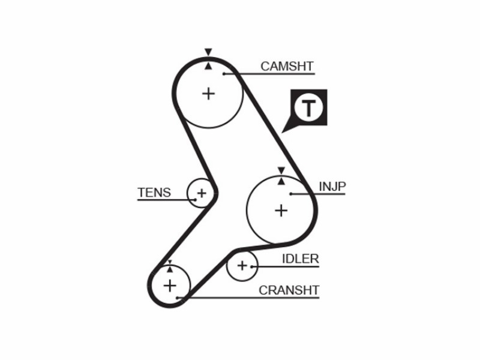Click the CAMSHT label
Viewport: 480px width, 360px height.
[x=287, y=66]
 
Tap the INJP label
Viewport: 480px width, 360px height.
[x=332, y=187]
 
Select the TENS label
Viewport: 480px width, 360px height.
[x=154, y=193]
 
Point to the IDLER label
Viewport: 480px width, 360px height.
[x=301, y=259]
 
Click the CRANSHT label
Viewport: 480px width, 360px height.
[x=289, y=290]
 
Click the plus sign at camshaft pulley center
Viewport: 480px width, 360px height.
[x=208, y=94]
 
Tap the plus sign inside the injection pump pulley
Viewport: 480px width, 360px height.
[x=281, y=211]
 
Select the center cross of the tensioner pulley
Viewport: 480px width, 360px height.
[x=202, y=193]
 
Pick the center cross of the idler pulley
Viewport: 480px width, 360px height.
[x=242, y=265]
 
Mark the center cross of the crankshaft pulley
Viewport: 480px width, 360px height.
[x=170, y=286]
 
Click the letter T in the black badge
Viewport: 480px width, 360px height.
[x=308, y=108]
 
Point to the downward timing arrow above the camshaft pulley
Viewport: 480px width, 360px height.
[x=208, y=52]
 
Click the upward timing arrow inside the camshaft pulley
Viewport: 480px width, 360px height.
[x=208, y=66]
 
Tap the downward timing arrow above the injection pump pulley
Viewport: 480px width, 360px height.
[x=281, y=170]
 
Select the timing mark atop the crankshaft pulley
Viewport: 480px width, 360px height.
[x=170, y=266]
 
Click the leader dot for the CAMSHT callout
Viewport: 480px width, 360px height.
[x=224, y=74]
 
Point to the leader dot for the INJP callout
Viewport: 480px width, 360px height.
[x=291, y=194]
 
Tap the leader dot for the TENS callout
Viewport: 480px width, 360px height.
[x=195, y=200]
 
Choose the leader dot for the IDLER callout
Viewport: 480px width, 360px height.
[x=251, y=266]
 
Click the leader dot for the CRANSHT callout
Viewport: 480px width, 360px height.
[x=177, y=298]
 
